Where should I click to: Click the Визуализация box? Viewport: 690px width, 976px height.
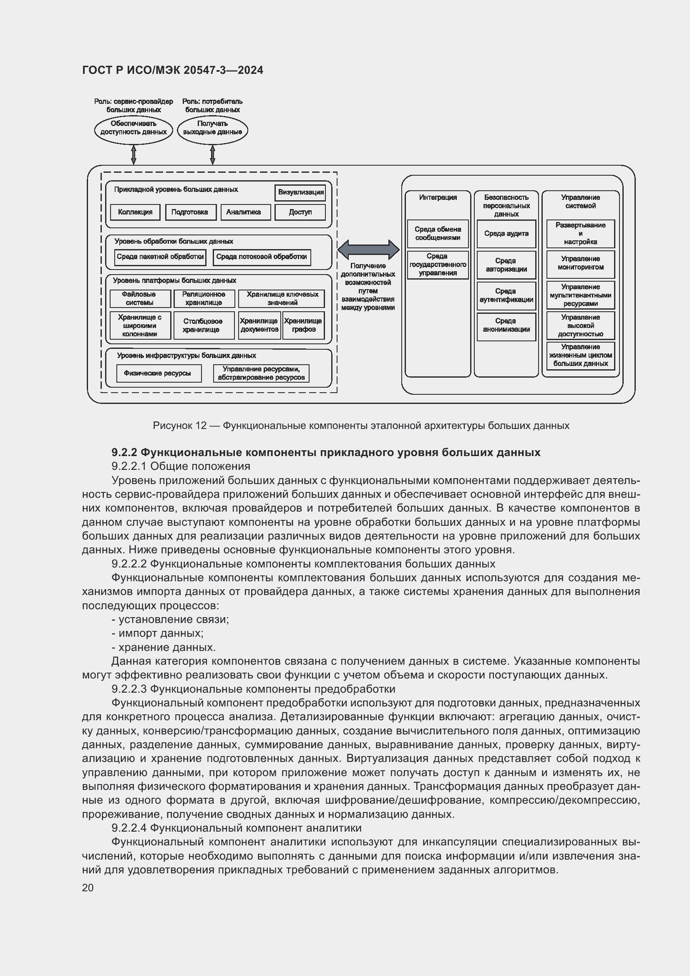point(300,192)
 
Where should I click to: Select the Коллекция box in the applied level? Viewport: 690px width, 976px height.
point(135,212)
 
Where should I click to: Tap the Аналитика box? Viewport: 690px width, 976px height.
point(245,212)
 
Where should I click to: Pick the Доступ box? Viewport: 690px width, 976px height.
point(300,212)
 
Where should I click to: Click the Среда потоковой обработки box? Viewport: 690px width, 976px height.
point(261,257)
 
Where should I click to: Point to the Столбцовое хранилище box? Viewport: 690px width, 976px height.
point(204,325)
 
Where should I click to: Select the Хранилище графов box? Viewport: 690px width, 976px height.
point(303,325)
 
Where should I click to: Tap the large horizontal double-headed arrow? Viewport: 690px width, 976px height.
point(368,250)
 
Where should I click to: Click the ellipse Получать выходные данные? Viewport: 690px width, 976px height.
point(212,128)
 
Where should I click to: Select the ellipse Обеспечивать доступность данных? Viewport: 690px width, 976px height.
point(133,128)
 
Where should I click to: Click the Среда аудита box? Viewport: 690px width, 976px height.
point(506,234)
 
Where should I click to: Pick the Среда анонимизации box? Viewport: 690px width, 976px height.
point(506,325)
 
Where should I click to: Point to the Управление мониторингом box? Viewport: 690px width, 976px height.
point(580,264)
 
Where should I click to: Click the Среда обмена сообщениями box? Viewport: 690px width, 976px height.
point(438,234)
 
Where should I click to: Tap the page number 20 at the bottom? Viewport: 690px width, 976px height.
point(88,888)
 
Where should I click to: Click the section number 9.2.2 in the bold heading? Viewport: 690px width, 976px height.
point(124,452)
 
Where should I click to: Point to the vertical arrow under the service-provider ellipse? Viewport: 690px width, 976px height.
point(133,155)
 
